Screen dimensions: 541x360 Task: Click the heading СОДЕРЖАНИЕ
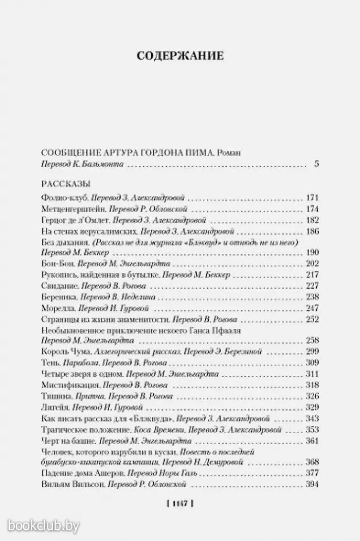pyautogui.click(x=180, y=56)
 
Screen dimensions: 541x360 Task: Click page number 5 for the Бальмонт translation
pyautogui.click(x=316, y=164)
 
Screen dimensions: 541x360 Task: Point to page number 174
pyautogui.click(x=312, y=209)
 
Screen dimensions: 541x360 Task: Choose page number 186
pyautogui.click(x=312, y=231)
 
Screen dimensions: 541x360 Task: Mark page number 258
pyautogui.click(x=312, y=341)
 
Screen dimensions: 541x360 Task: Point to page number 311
pyautogui.click(x=312, y=374)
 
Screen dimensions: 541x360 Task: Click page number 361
pyautogui.click(x=312, y=441)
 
